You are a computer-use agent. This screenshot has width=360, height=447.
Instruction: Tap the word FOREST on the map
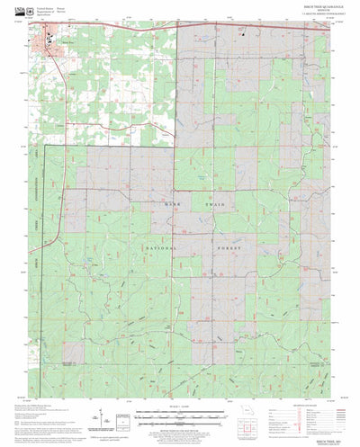[x=203, y=245]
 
